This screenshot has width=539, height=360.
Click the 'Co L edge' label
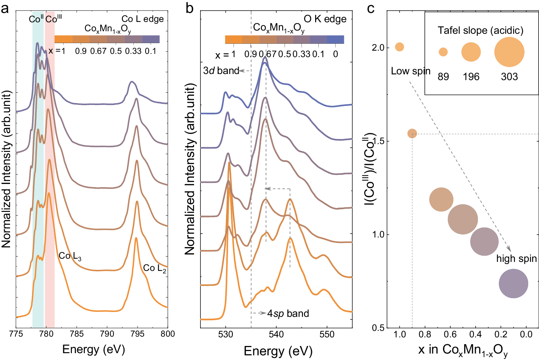(x=143, y=19)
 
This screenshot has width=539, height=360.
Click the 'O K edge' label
(x=325, y=19)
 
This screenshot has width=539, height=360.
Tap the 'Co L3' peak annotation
(x=70, y=256)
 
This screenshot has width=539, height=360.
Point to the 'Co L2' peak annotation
(x=155, y=268)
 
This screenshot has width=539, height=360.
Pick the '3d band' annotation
(x=221, y=71)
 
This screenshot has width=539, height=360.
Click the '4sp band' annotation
(x=288, y=314)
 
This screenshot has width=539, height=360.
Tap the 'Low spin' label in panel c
(x=410, y=71)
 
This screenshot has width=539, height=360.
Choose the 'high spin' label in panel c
(x=516, y=259)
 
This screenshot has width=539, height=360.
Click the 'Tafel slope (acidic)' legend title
(x=480, y=31)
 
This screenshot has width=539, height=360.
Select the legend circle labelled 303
(x=509, y=52)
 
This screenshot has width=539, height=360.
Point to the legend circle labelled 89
(x=443, y=52)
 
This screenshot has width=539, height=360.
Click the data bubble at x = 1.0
(x=399, y=47)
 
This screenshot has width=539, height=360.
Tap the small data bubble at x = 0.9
(x=412, y=134)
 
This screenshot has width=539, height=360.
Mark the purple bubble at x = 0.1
(x=513, y=283)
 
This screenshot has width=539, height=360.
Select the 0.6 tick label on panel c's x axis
(x=450, y=335)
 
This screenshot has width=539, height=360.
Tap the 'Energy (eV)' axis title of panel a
(x=93, y=349)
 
